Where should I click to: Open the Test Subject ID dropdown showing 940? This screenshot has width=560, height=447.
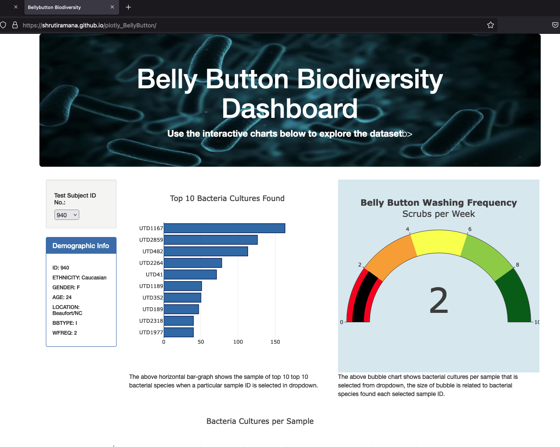[67, 215]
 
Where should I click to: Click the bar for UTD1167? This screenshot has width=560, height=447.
[224, 228]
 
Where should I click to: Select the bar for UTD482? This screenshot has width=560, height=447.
[206, 252]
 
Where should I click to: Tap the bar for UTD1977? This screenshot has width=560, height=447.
[179, 333]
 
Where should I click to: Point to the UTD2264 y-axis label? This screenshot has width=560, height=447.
[151, 263]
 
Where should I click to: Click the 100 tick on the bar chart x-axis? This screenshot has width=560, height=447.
[238, 342]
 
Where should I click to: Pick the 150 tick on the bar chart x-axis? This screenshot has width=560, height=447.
[275, 342]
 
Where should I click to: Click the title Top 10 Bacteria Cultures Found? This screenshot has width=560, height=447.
[227, 198]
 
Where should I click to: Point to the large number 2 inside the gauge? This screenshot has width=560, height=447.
[439, 301]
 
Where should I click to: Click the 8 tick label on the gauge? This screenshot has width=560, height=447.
[518, 265]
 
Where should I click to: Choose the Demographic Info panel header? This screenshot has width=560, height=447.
[81, 246]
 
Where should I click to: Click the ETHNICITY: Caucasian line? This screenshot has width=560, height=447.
[79, 278]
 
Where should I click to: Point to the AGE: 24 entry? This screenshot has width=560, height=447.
[62, 297]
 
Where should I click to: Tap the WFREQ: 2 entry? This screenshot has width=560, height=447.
[65, 333]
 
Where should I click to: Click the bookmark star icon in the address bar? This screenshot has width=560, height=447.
[491, 25]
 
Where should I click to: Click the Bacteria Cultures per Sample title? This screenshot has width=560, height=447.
[260, 421]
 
